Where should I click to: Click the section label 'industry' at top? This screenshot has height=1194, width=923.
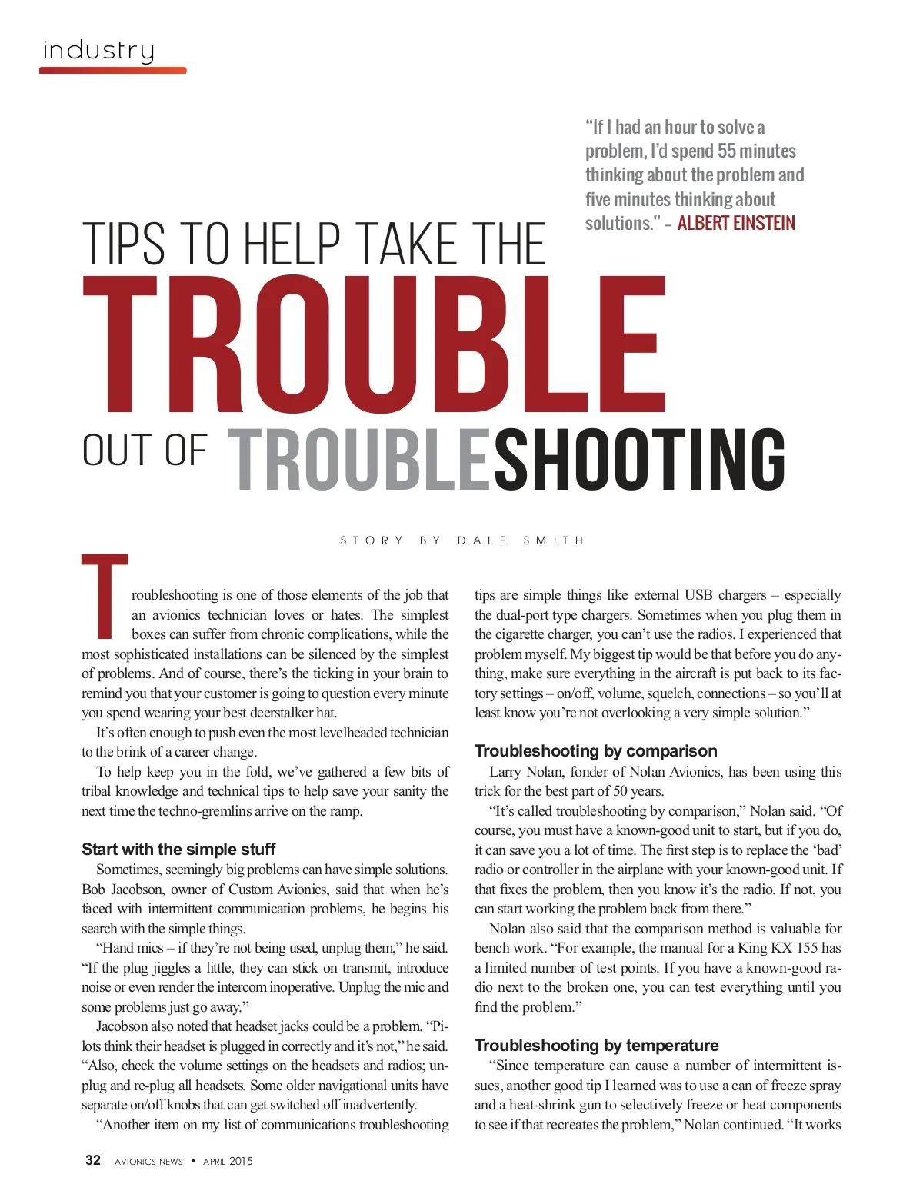click(98, 51)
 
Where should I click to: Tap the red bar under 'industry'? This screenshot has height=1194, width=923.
click(112, 71)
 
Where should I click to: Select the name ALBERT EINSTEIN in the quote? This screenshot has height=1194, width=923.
click(736, 224)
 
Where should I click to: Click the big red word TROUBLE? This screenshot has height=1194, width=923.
click(374, 345)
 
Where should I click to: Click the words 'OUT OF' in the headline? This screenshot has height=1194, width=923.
click(145, 451)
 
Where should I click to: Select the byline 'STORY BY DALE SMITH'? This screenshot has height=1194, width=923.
click(462, 540)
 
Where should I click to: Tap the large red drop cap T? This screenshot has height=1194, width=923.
click(105, 596)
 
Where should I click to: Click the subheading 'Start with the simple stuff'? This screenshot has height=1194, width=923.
click(178, 850)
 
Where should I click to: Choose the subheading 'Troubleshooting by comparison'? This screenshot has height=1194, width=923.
click(595, 751)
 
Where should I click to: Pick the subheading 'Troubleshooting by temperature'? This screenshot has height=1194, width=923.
click(596, 1046)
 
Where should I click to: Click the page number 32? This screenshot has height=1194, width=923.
click(93, 1161)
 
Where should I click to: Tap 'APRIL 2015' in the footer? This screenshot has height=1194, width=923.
click(228, 1162)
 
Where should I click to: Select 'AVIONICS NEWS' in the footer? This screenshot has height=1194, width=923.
click(148, 1162)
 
